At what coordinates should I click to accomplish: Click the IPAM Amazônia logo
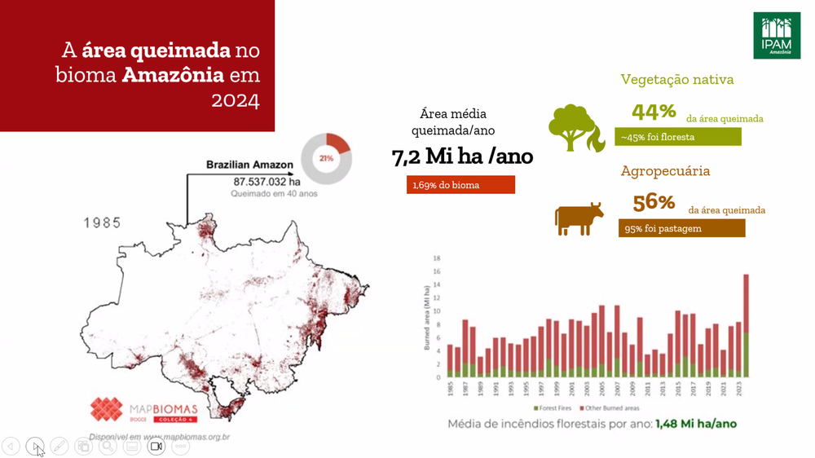(776, 35)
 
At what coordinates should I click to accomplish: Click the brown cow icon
(579, 219)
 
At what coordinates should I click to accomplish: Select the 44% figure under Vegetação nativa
(654, 112)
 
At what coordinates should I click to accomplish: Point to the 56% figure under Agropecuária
(654, 202)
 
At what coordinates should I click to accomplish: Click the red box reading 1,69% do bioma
(460, 185)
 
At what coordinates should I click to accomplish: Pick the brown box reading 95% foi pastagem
(681, 229)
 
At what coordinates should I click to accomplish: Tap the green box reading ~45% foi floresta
(678, 137)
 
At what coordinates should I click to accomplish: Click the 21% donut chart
(326, 158)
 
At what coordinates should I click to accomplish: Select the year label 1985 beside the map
(101, 222)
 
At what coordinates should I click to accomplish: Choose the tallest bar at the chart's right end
(746, 326)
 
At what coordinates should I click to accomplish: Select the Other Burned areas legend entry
(607, 407)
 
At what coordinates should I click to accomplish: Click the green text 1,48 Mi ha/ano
(696, 424)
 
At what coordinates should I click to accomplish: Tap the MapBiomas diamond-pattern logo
(106, 410)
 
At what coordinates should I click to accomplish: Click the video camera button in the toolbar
(156, 446)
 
